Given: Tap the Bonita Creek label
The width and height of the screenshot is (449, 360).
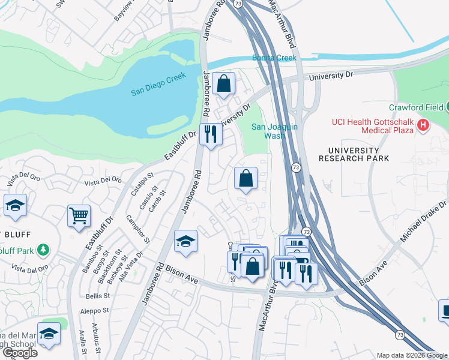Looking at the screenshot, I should click(275, 58).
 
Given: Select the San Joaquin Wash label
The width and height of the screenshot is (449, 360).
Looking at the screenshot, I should click(274, 131).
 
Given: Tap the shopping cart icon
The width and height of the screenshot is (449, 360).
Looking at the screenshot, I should click(79, 215).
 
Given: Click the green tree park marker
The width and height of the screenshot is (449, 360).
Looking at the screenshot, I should click(42, 248).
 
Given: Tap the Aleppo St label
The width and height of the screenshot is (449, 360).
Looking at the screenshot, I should click(95, 311).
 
